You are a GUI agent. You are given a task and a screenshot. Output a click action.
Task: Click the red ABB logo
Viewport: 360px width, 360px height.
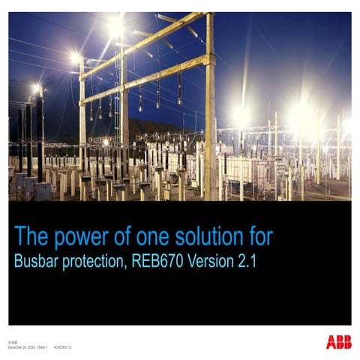[338, 343]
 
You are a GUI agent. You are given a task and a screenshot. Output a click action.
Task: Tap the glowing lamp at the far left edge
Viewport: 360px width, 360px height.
[35, 89]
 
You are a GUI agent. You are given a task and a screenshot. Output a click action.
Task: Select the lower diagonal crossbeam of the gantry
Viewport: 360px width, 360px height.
[146, 80]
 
